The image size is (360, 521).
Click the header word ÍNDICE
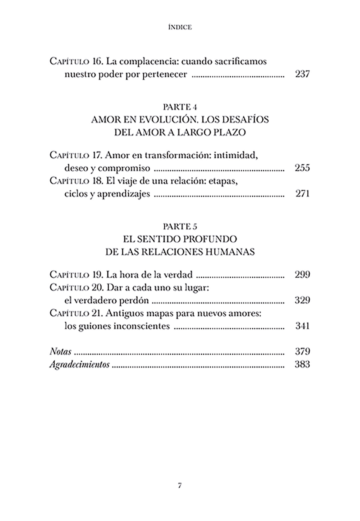tap(180, 27)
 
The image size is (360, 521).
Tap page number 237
tap(302, 74)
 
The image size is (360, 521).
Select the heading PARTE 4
tap(180, 107)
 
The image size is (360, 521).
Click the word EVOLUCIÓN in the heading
tap(162, 120)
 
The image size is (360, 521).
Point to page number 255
tap(302, 168)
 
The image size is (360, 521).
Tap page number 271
tap(302, 194)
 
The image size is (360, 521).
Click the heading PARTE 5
tap(180, 226)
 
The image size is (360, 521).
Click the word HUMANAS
tap(230, 252)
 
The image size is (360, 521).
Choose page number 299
tap(302, 275)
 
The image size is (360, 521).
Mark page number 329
tap(302, 300)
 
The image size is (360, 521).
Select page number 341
tap(302, 326)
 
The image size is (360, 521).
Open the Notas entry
tap(60, 351)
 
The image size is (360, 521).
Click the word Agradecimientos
tap(79, 365)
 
